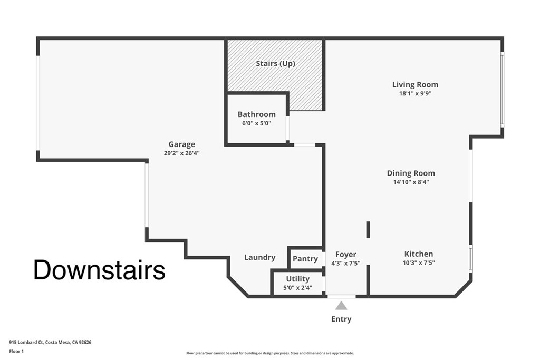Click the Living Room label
[415, 84]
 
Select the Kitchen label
[419, 254]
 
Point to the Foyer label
[346, 255]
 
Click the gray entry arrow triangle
[342, 306]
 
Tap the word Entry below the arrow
[341, 319]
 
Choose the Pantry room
[305, 259]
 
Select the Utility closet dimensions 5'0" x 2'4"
[298, 288]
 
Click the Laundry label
[259, 257]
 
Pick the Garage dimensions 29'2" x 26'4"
[182, 153]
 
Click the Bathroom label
[256, 114]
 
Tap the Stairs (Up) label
[275, 64]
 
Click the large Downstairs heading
[99, 270]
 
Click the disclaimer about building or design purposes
[270, 353]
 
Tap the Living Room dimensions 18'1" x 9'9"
[415, 93]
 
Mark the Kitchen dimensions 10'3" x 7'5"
[419, 262]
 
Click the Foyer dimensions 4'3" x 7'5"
[346, 263]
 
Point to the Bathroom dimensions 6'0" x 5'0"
[256, 123]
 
